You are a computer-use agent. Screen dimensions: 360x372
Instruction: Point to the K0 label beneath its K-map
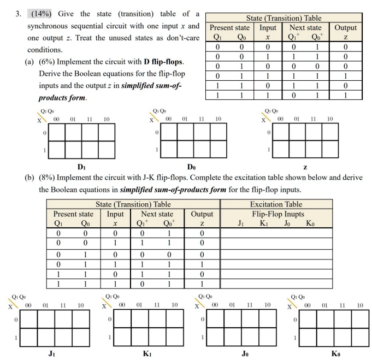pyautogui.click(x=335, y=353)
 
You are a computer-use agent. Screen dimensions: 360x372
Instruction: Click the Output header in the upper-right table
pyautogui.click(x=346, y=27)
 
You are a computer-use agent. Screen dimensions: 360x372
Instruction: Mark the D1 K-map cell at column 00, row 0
pyautogui.click(x=57, y=132)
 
